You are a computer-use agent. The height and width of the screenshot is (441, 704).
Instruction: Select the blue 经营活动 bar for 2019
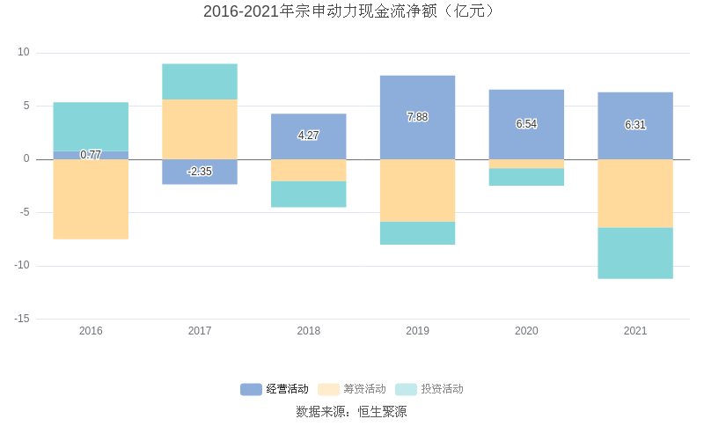point(417,97)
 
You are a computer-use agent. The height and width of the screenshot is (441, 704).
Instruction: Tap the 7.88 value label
point(417,117)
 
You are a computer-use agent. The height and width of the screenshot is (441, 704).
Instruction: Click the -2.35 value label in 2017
point(200,172)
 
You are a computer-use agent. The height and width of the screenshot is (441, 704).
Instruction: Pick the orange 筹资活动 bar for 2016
point(91,199)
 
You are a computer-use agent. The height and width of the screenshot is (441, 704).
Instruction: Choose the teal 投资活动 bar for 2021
point(635,254)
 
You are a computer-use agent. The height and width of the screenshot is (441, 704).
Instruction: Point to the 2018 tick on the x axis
point(309,331)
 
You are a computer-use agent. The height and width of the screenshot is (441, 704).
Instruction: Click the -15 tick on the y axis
point(22,319)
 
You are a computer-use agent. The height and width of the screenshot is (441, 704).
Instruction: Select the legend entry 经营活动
point(275,389)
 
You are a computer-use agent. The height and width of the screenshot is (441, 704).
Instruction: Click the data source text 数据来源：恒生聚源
point(351,412)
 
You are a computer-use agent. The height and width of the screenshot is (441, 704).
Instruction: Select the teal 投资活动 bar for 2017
point(200,81)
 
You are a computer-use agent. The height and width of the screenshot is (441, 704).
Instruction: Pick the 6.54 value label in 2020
point(526,124)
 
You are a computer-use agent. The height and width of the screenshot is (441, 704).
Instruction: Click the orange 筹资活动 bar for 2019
point(417,190)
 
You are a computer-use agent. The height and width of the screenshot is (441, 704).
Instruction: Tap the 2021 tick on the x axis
point(635,331)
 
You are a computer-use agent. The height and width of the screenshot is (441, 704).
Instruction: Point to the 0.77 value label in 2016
point(91,155)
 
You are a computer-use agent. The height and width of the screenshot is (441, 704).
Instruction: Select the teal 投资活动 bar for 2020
point(526,177)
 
